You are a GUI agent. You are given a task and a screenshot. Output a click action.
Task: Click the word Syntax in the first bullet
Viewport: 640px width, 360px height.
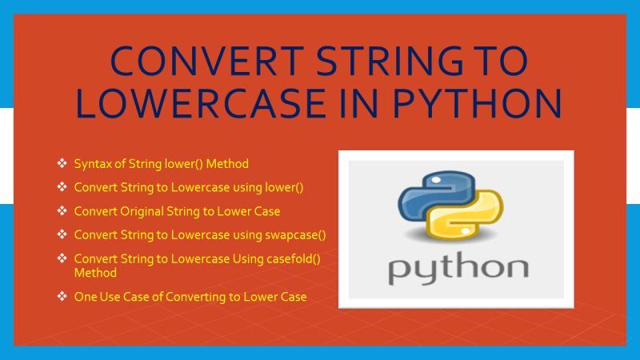click(91, 164)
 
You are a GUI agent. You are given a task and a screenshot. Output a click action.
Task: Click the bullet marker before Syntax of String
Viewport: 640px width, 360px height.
click(62, 164)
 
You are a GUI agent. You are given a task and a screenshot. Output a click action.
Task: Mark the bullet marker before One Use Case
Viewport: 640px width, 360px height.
click(62, 297)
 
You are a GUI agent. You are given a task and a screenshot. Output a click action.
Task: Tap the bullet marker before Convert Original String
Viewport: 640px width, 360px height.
click(62, 211)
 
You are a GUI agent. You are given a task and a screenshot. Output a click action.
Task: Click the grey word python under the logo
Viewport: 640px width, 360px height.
click(457, 268)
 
